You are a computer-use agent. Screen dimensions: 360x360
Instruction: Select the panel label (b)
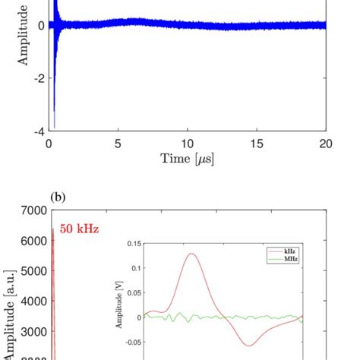coord(58,197)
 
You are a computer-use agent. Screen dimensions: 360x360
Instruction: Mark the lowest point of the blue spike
coord(54,127)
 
